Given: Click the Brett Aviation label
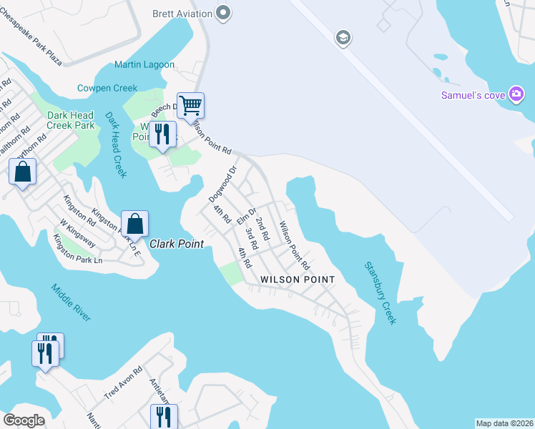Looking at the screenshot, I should pyautogui.click(x=183, y=13).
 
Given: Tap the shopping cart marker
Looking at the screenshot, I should pyautogui.click(x=190, y=106).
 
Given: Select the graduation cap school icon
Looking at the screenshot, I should pyautogui.click(x=343, y=37).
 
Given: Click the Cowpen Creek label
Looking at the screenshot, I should pyautogui.click(x=107, y=88).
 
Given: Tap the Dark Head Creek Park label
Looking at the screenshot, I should pyautogui.click(x=70, y=120).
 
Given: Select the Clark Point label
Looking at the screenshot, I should pyautogui.click(x=177, y=244).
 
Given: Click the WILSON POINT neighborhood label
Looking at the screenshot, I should pyautogui.click(x=298, y=279).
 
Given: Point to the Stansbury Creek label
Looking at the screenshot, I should pyautogui.click(x=380, y=293).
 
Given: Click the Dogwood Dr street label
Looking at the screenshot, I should pyautogui.click(x=222, y=184).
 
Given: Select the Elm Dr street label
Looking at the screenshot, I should pyautogui.click(x=247, y=215).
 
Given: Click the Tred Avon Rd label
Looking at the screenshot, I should pyautogui.click(x=124, y=383).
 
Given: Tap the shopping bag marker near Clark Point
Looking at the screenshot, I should pyautogui.click(x=134, y=224).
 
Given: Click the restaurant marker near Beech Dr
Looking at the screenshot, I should pyautogui.click(x=162, y=134).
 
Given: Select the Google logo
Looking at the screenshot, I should pyautogui.click(x=24, y=420).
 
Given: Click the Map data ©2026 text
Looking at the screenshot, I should pyautogui.click(x=504, y=423).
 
